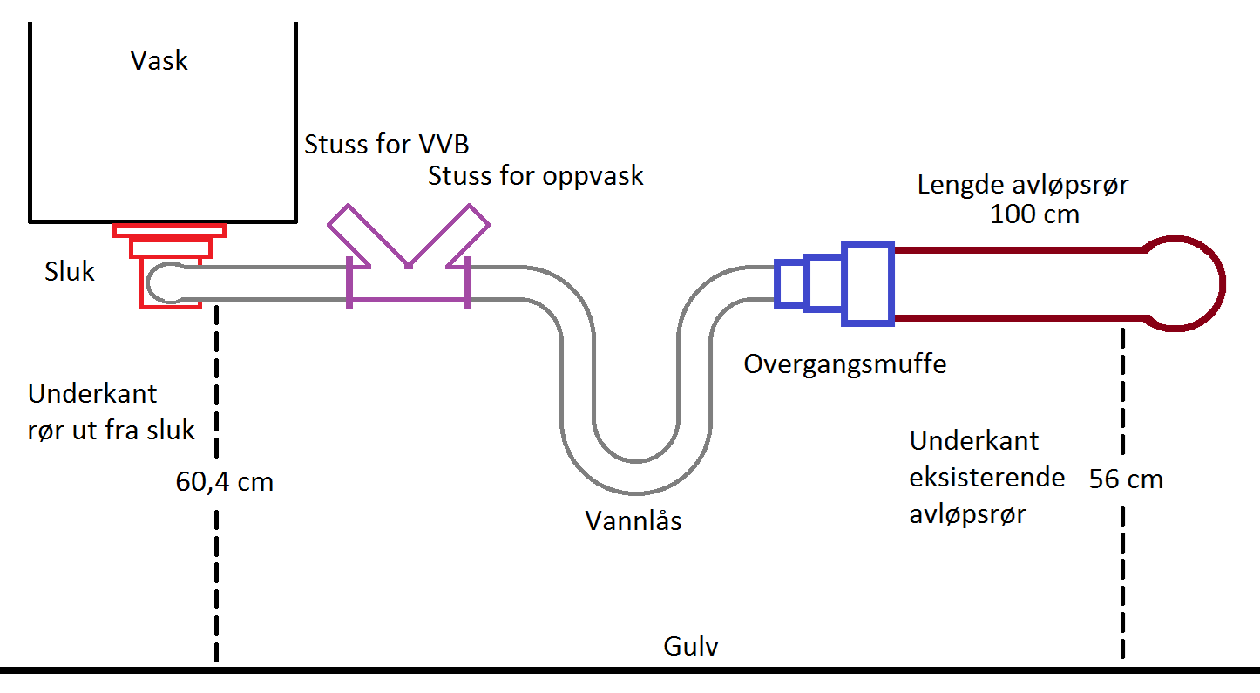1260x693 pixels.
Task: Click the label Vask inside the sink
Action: [x=159, y=60]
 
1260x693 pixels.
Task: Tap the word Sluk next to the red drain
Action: [x=70, y=272]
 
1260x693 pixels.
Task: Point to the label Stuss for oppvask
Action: [x=535, y=176]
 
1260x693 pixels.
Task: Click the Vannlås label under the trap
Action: [x=633, y=521]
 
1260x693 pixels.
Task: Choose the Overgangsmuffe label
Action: [x=844, y=363]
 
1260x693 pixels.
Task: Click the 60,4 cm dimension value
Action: [x=224, y=481]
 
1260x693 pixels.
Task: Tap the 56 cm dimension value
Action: [x=1126, y=479]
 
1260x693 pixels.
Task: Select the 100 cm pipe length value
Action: [x=1034, y=214]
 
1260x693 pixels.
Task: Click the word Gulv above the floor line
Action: [x=691, y=648]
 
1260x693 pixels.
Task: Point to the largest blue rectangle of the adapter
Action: [x=868, y=284]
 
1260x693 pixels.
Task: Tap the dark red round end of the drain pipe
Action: [x=1186, y=284]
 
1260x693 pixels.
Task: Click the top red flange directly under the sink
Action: [x=169, y=230]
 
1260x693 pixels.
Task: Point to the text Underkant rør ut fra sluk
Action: [x=111, y=411]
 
